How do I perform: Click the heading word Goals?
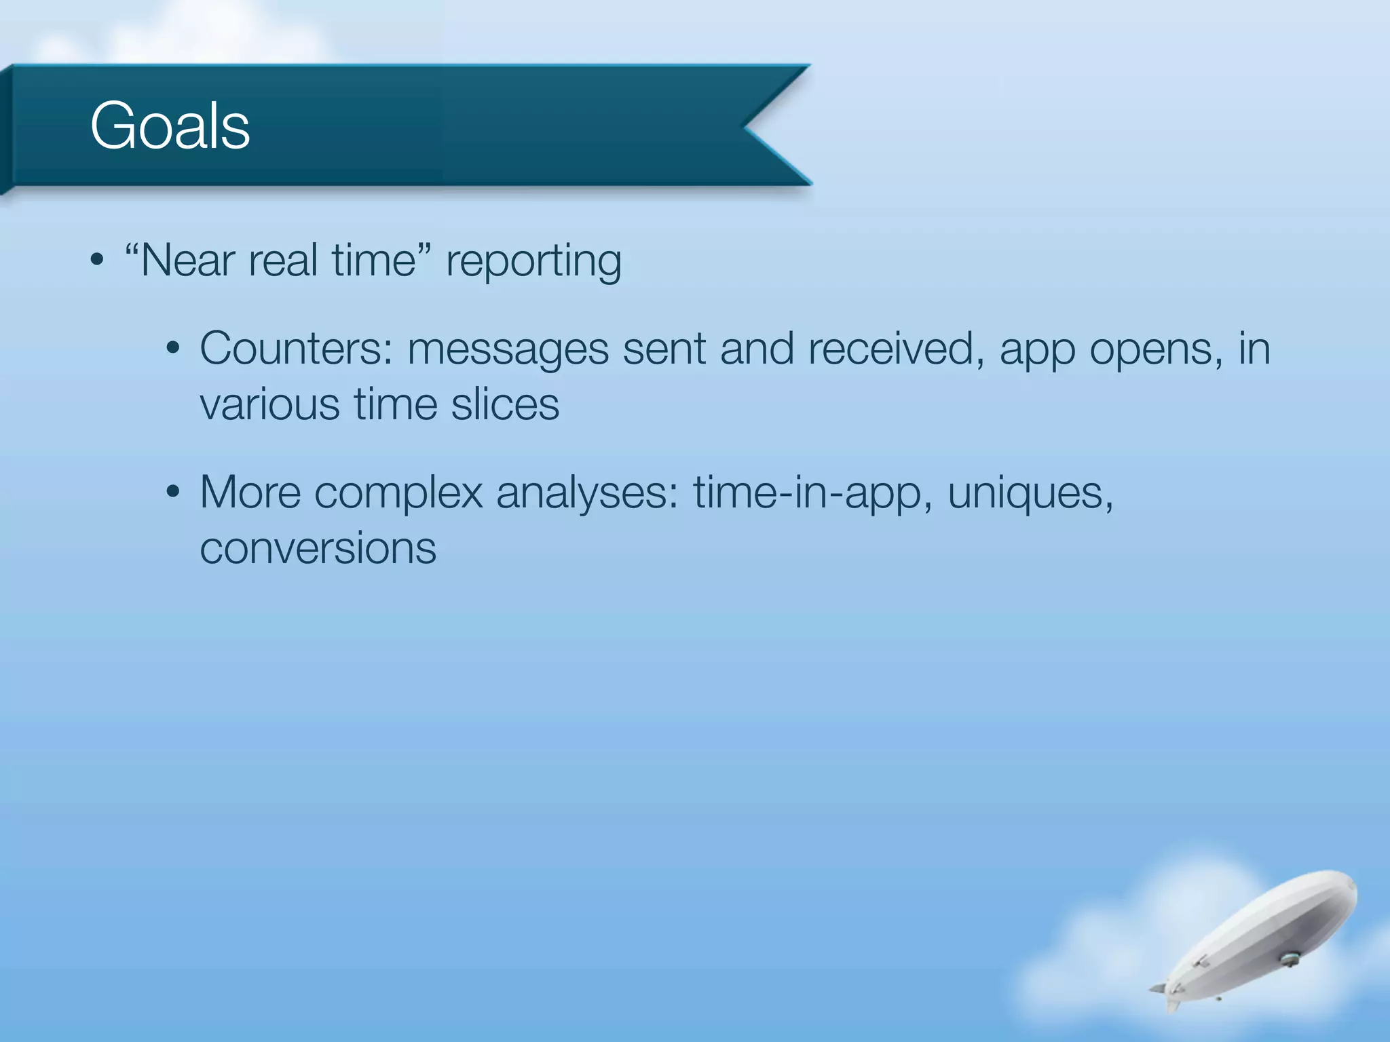click(170, 126)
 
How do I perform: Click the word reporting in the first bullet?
click(533, 261)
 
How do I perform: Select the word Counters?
click(296, 349)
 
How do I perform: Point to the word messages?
click(508, 349)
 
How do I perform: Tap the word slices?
click(505, 404)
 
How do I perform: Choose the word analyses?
click(587, 493)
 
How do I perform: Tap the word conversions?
click(318, 548)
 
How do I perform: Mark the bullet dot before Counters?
click(173, 349)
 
